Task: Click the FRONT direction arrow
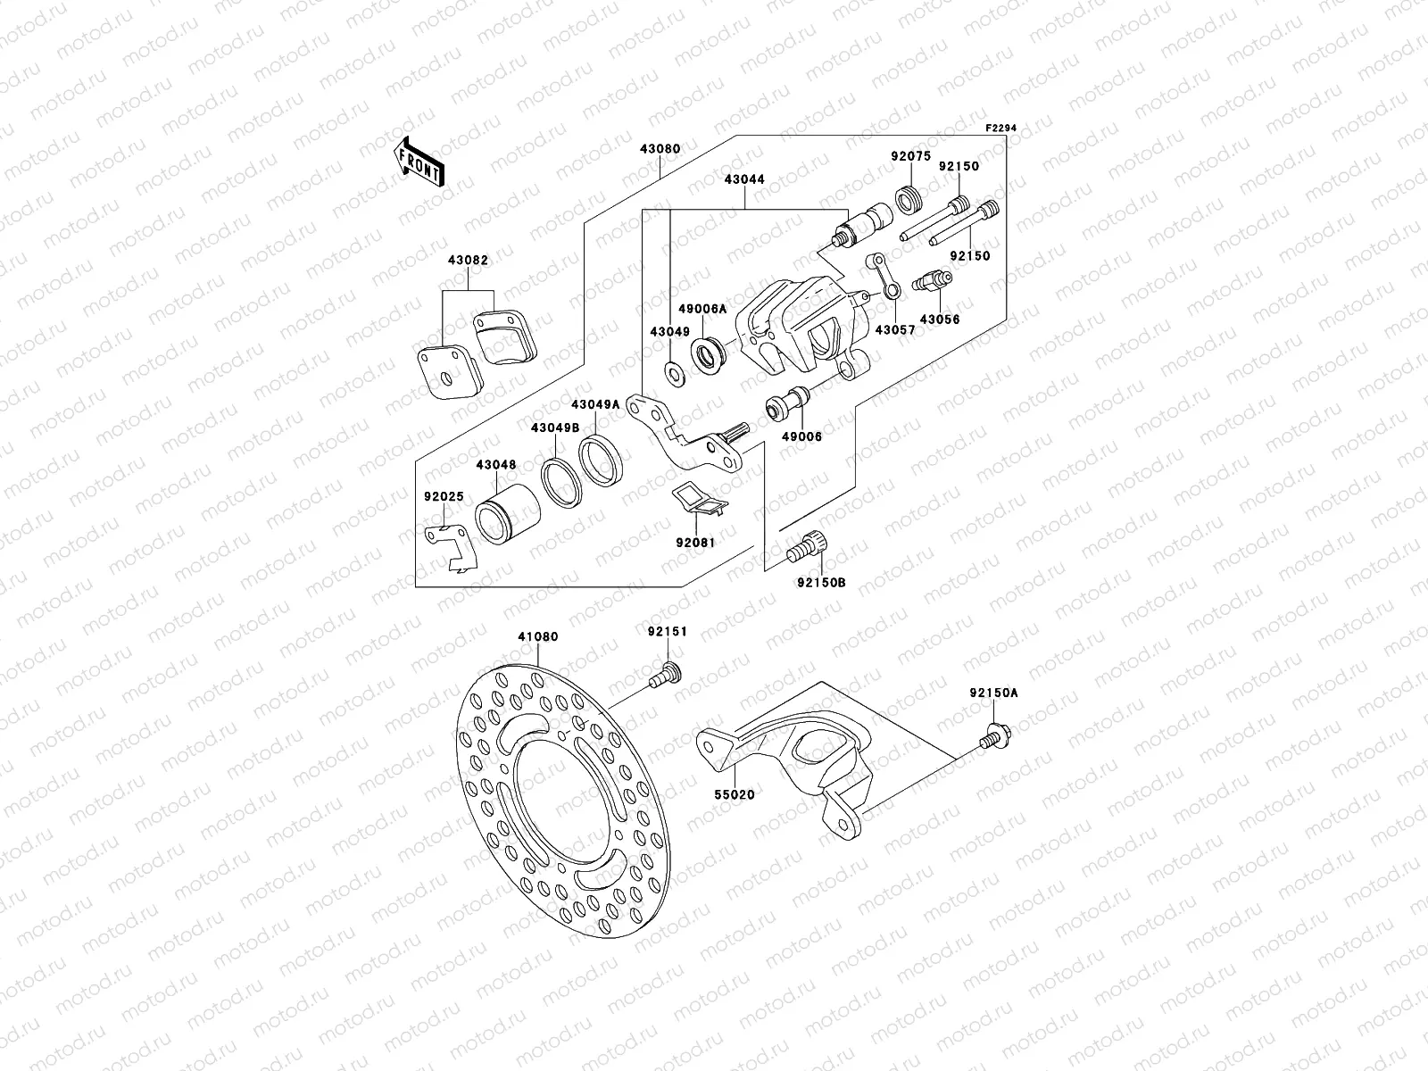(422, 162)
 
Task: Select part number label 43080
(660, 149)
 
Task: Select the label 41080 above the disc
(537, 637)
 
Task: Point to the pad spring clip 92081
(699, 501)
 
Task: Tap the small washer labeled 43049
(676, 370)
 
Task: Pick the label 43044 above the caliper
(744, 179)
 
